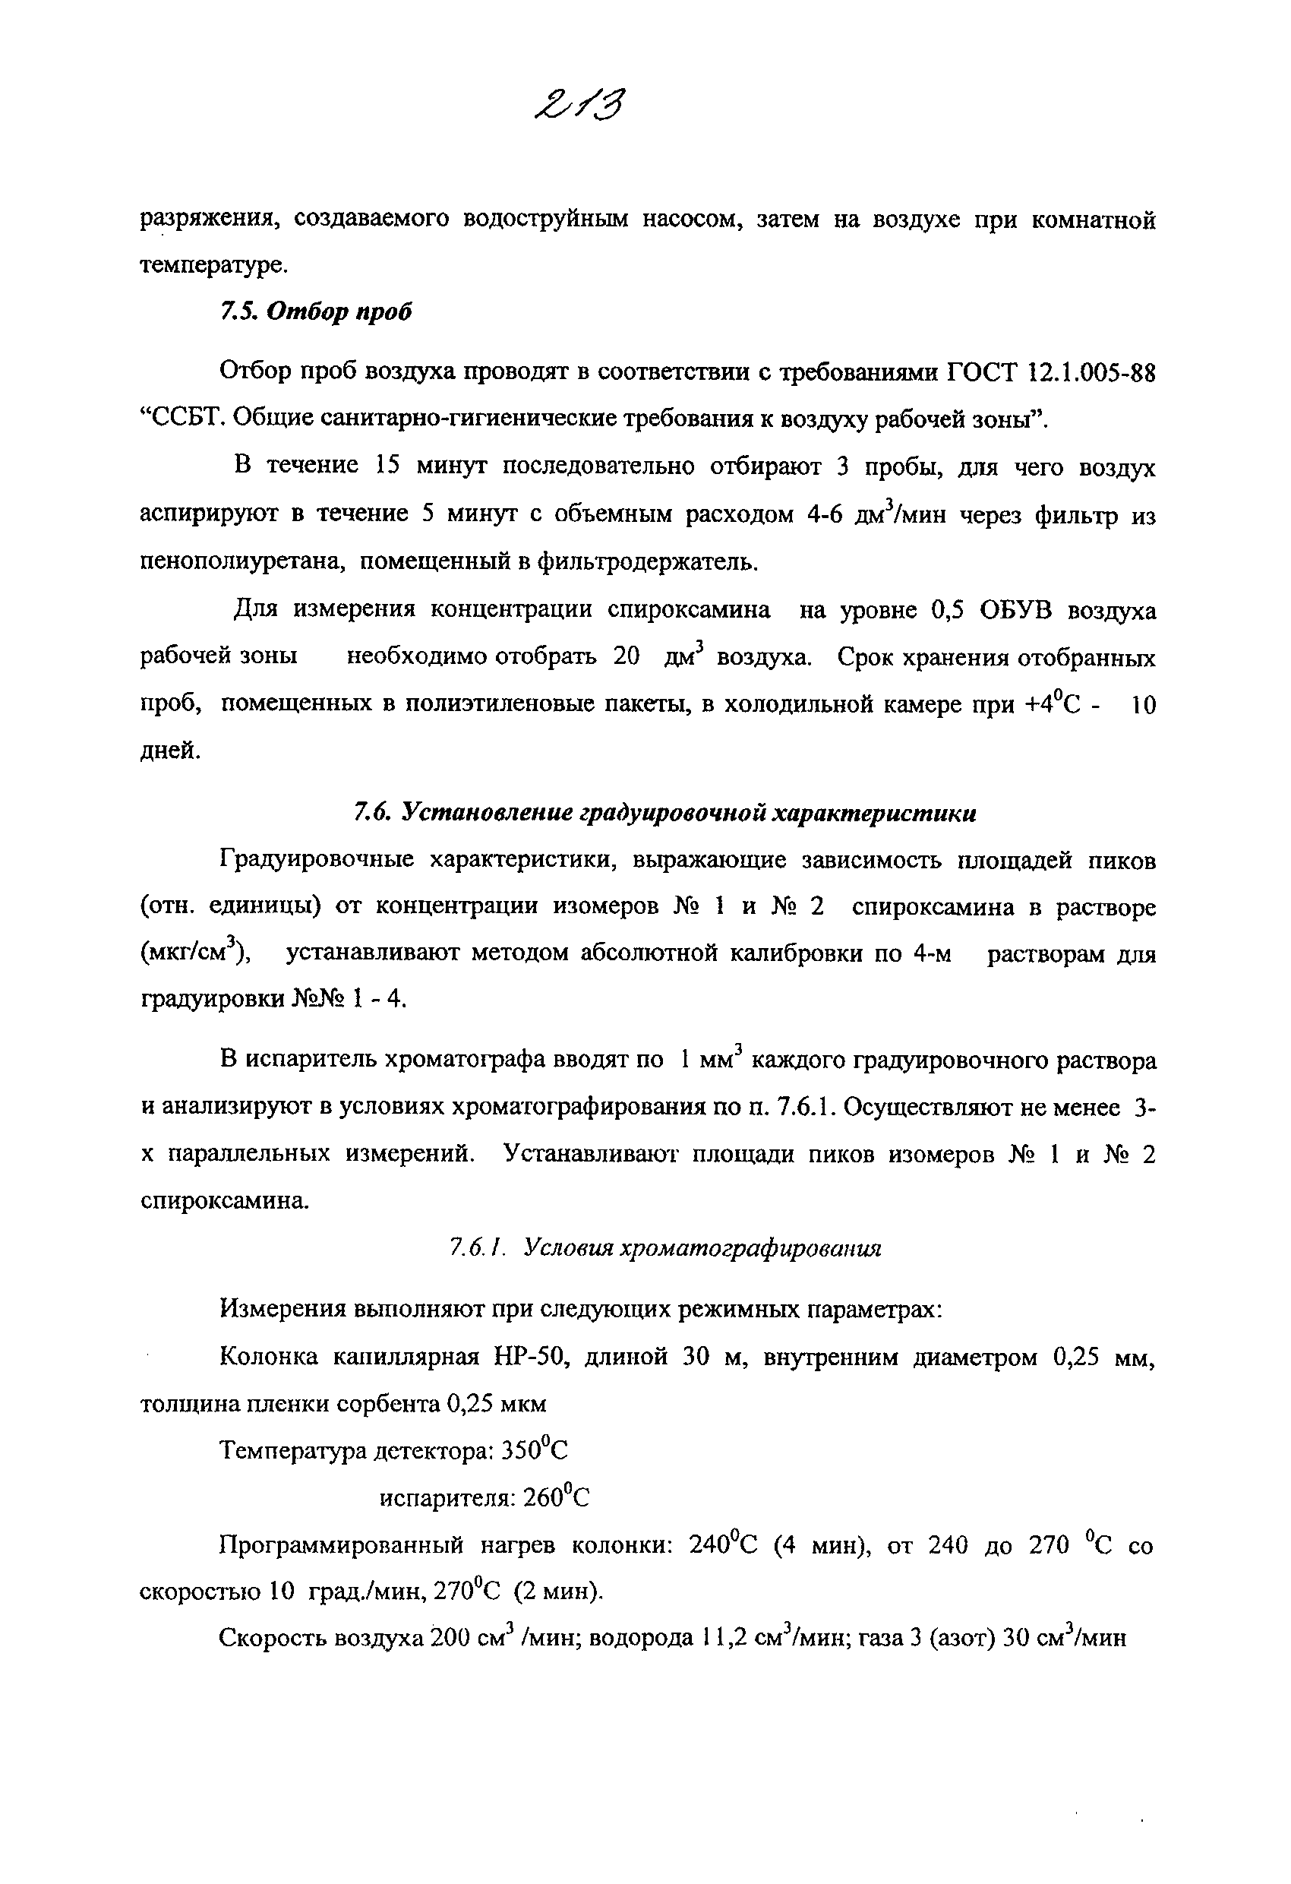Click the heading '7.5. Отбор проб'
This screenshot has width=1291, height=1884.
[x=315, y=311]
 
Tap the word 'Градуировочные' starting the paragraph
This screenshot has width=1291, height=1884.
[x=316, y=860]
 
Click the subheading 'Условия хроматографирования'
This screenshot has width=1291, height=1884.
[x=702, y=1248]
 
